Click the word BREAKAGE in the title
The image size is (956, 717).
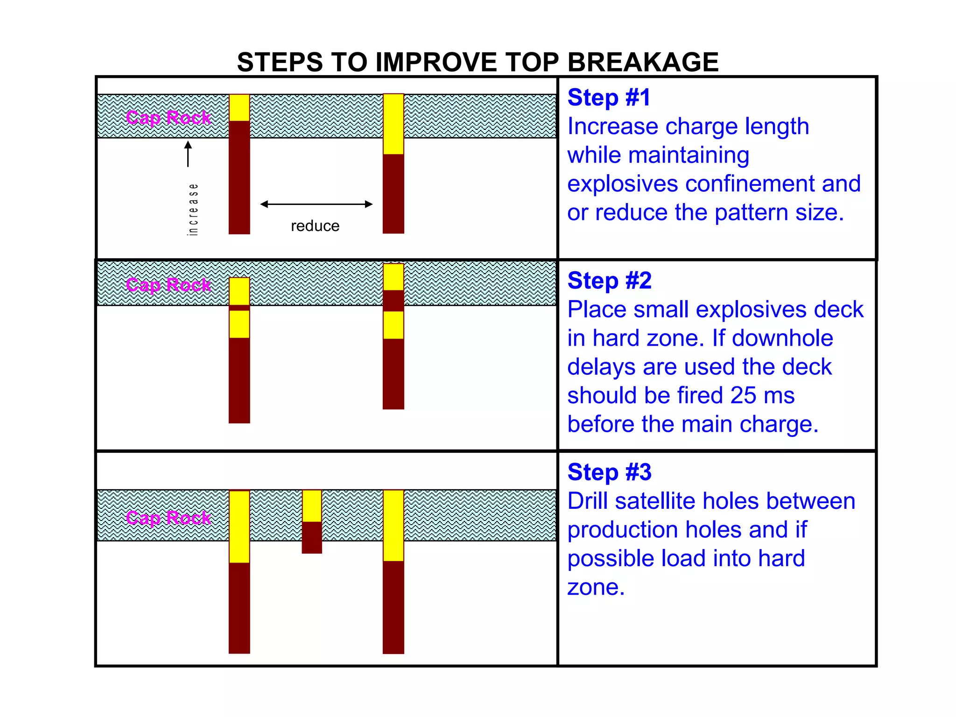[x=643, y=62]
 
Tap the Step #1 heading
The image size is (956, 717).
[x=609, y=98]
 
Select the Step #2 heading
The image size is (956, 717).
[x=609, y=281]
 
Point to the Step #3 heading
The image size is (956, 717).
[x=609, y=472]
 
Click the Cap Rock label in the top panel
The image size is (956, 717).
[x=169, y=118]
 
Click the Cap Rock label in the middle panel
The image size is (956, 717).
[x=169, y=285]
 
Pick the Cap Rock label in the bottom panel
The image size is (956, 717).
[x=169, y=518]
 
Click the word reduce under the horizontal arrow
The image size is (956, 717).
[x=315, y=226]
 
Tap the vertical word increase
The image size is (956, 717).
[x=193, y=209]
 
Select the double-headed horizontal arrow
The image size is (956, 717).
[x=316, y=204]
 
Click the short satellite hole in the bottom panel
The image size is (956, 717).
[x=312, y=521]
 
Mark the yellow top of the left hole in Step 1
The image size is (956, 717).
[x=239, y=108]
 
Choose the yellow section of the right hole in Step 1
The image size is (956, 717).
[x=394, y=124]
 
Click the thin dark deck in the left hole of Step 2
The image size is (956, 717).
[x=239, y=308]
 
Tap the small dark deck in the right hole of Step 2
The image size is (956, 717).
[x=394, y=301]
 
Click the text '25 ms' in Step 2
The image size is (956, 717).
[x=762, y=395]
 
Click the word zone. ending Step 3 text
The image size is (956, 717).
[x=596, y=587]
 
